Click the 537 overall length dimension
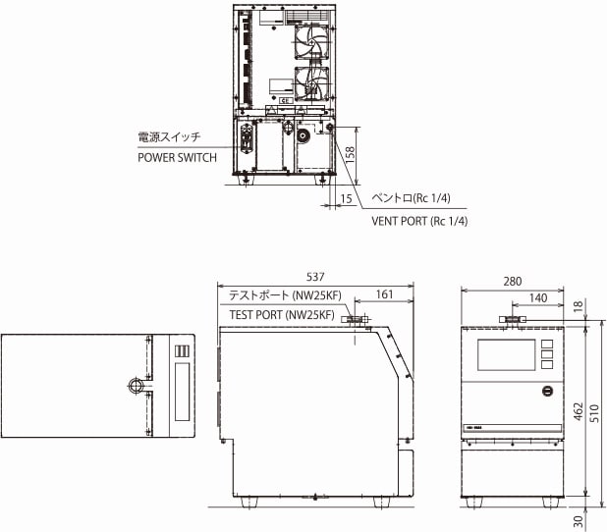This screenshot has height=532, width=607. (x=314, y=277)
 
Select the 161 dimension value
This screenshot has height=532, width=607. (x=384, y=293)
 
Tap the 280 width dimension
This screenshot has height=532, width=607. (x=512, y=281)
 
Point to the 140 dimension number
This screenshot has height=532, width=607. (x=537, y=296)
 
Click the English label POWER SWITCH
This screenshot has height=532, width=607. (x=178, y=157)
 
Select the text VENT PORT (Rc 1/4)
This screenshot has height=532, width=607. (x=418, y=221)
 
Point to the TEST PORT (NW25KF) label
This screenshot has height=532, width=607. (x=284, y=315)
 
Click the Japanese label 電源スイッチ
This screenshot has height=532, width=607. (x=169, y=137)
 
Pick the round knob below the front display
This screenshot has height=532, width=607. (x=548, y=391)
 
